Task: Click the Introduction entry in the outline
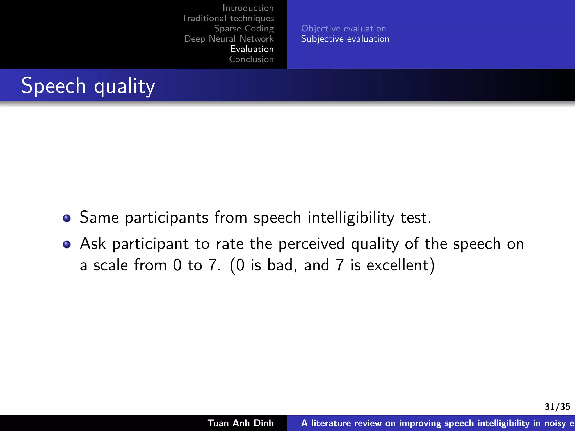pyautogui.click(x=248, y=8)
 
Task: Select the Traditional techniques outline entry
pyautogui.click(x=228, y=18)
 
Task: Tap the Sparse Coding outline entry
pyautogui.click(x=244, y=29)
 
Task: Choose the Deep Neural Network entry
pyautogui.click(x=229, y=39)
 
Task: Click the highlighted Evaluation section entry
pyautogui.click(x=252, y=49)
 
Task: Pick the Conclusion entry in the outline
pyautogui.click(x=251, y=59)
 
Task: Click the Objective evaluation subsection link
pyautogui.click(x=343, y=29)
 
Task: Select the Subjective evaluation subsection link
pyautogui.click(x=345, y=39)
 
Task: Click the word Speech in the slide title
pyautogui.click(x=53, y=86)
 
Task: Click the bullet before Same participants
pyautogui.click(x=67, y=218)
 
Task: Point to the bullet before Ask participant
pyautogui.click(x=67, y=244)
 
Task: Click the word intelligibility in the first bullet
pyautogui.click(x=351, y=218)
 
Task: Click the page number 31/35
pyautogui.click(x=557, y=407)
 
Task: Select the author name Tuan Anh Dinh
pyautogui.click(x=241, y=423)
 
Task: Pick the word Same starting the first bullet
pyautogui.click(x=99, y=218)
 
